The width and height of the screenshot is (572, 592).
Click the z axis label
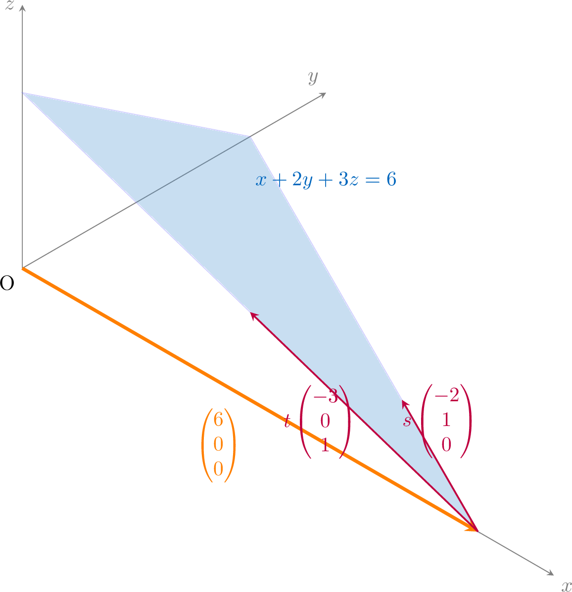click(x=9, y=5)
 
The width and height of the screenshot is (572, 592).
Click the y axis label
click(x=313, y=77)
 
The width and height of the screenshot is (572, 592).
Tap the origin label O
click(x=7, y=283)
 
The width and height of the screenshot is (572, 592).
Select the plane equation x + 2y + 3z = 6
click(x=326, y=179)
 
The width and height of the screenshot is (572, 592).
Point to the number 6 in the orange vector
click(x=218, y=419)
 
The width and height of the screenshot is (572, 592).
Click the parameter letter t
click(x=287, y=421)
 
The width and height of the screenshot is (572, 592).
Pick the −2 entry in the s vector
click(x=447, y=395)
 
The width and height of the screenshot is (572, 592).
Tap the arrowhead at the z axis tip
click(x=22, y=7)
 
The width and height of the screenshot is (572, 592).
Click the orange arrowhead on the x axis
click(x=472, y=528)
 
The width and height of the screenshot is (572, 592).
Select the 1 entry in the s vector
click(x=447, y=420)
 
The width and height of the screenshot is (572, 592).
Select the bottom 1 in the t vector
click(x=326, y=445)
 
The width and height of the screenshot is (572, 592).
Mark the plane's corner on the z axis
click(x=23, y=93)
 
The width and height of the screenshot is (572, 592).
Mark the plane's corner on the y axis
click(x=249, y=137)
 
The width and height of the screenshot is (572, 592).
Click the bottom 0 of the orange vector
click(x=218, y=469)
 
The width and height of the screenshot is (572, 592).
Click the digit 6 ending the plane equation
click(x=391, y=179)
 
